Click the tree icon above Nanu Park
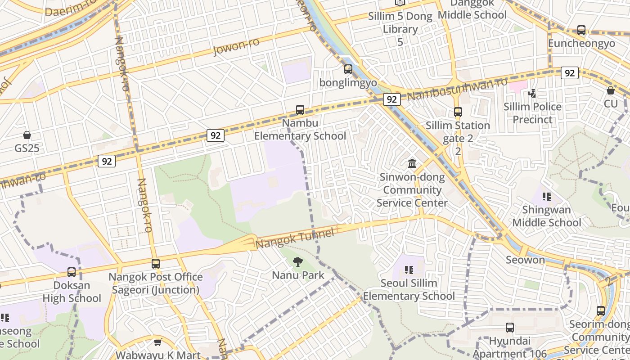point(297,262)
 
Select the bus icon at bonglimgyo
point(348,69)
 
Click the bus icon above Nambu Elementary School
point(300,110)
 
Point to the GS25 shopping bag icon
point(27,135)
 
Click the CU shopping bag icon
point(611,90)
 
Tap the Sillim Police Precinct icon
point(532,94)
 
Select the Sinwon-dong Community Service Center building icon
point(412,164)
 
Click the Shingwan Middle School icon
point(547,197)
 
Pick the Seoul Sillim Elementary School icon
point(409,270)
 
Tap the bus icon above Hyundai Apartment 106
point(509,328)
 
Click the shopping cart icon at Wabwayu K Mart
point(157,342)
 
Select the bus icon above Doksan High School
point(72,272)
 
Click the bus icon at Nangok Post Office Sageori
point(156,264)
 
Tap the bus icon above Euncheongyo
point(581,31)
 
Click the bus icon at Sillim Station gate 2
point(458,112)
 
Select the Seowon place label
point(525,260)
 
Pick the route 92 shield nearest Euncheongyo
point(570,73)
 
